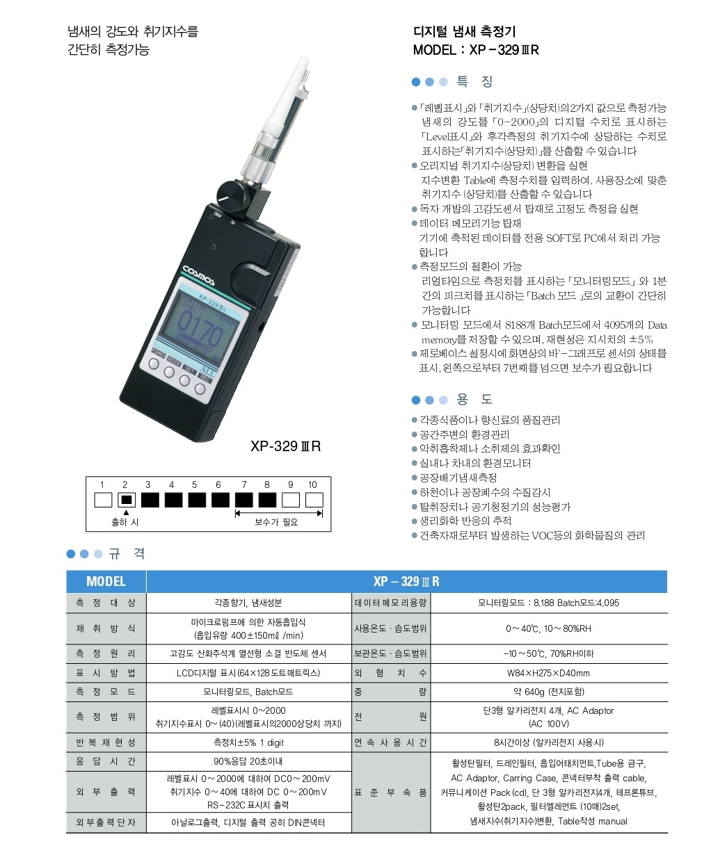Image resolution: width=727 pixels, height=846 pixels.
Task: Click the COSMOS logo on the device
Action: [x=198, y=275]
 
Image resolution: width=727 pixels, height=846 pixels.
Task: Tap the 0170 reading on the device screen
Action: [x=200, y=328]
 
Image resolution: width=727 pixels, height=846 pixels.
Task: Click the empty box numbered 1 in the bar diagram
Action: [x=103, y=500]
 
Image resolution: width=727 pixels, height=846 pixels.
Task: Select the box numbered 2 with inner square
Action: [x=126, y=500]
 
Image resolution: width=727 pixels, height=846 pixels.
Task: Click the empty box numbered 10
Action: [x=314, y=500]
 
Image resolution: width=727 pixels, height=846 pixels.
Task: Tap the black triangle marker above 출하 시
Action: [x=126, y=512]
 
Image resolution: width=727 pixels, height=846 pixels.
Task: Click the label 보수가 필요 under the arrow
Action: [x=276, y=522]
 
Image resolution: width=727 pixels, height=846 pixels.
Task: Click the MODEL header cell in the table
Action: [x=106, y=582]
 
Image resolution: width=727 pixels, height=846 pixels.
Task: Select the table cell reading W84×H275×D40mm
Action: [x=548, y=673]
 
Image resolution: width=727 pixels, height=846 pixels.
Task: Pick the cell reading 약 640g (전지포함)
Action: [x=549, y=692]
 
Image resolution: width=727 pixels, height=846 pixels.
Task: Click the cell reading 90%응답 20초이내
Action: [x=248, y=761]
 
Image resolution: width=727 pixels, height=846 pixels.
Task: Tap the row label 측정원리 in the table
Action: [x=106, y=653]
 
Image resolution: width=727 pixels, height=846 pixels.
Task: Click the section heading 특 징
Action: [x=474, y=81]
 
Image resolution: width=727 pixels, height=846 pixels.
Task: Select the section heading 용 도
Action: [x=474, y=399]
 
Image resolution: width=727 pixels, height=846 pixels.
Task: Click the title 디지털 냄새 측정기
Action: [x=465, y=31]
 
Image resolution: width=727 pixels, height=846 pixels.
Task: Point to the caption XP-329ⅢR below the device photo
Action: [x=285, y=446]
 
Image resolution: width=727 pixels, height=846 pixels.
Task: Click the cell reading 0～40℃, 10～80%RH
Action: [x=548, y=628]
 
